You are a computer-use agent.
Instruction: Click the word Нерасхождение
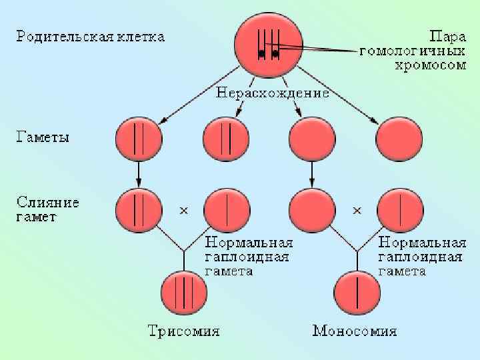pos(272,93)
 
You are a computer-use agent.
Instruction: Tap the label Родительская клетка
pos(90,35)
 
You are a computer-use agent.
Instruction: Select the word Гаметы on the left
pos(43,138)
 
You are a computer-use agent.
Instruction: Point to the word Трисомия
pos(183,331)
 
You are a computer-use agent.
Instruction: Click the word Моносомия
pos(355,331)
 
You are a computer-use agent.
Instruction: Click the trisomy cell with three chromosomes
pos(183,291)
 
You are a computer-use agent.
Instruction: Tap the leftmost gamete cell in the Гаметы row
pos(139,141)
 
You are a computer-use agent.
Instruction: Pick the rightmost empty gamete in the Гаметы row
pos(399,141)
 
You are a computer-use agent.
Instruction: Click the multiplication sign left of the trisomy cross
pos(184,211)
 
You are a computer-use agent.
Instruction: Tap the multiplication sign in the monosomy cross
pos(357,211)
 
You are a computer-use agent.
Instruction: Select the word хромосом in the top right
pos(428,65)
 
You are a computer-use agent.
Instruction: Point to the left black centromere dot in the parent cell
pos(261,53)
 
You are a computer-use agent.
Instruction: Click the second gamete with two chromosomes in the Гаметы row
pos(226,141)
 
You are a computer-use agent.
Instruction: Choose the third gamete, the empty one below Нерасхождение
pos(312,141)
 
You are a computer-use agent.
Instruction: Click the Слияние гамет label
pos(47,209)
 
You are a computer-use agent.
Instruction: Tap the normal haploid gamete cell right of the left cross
pos(226,209)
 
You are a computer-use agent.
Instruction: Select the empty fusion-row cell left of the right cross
pos(312,209)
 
